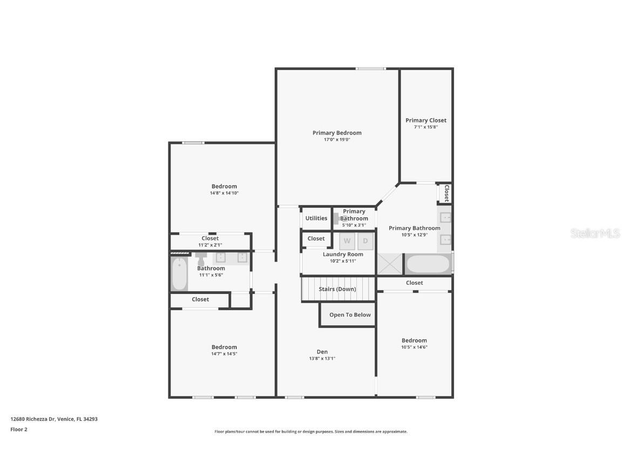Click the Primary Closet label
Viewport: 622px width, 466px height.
[425, 120]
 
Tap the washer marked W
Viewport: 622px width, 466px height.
[347, 241]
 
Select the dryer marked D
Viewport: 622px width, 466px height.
[366, 241]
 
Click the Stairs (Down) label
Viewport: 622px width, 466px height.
[337, 289]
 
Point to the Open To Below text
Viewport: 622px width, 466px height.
[350, 314]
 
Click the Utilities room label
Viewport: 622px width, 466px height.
[316, 218]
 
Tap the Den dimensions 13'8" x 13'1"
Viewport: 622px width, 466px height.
[322, 358]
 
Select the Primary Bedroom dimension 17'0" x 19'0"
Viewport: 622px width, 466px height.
[337, 140]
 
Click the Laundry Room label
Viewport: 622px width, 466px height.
[343, 255]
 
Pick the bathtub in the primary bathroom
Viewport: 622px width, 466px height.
[428, 264]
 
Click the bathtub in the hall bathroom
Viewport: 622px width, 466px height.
[179, 274]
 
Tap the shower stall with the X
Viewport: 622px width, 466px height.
[389, 264]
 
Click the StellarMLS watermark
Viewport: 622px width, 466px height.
[595, 234]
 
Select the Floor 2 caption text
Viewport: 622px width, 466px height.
[19, 429]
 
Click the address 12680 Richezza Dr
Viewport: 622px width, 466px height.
[32, 419]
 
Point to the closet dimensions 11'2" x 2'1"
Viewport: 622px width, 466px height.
[210, 245]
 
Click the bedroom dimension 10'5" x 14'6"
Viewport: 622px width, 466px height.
[414, 347]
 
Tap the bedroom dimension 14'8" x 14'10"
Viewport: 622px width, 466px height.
[224, 193]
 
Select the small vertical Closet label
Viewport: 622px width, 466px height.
[447, 194]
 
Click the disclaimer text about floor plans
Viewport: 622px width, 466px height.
[310, 431]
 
